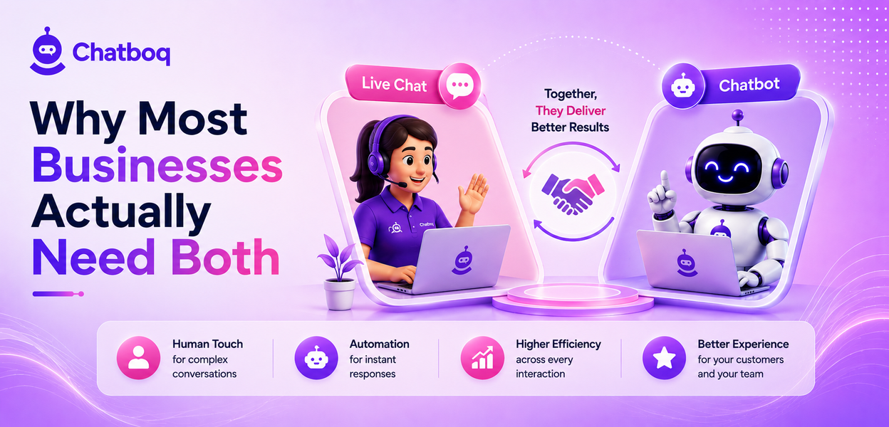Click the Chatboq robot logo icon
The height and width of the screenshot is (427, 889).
48,51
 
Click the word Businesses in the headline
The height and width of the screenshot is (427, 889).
157,165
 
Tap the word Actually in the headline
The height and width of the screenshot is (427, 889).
121,213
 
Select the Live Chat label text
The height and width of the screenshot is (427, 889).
394,85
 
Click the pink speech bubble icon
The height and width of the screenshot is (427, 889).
460,85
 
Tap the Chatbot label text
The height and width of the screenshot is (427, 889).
749,85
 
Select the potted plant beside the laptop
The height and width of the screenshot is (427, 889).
340,273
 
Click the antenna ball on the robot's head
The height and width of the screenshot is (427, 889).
737,115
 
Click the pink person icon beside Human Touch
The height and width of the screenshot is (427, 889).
138,358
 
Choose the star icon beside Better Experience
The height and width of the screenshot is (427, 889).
664,358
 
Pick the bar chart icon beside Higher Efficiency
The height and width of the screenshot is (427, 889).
482,358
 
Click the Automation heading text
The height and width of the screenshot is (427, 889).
379,344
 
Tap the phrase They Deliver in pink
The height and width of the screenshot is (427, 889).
571,110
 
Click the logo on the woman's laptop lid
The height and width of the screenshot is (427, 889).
463,260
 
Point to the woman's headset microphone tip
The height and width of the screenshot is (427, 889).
403,185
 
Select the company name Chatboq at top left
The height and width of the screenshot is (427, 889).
121,53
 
